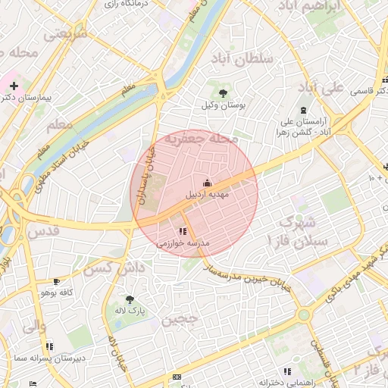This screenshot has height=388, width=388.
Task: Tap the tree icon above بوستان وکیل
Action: click(x=222, y=92)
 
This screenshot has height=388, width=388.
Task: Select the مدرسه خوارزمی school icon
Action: click(x=182, y=231)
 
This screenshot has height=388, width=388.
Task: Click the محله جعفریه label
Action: click(x=202, y=139)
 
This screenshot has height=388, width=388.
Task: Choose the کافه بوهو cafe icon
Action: click(x=55, y=281)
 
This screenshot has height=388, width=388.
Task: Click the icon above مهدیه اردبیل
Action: click(x=208, y=183)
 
